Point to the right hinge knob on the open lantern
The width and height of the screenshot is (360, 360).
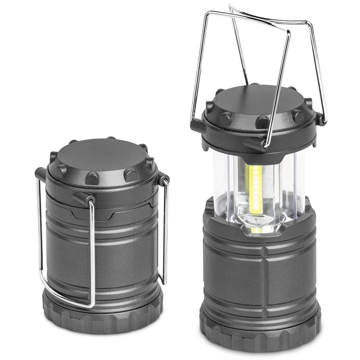[321, 118]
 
